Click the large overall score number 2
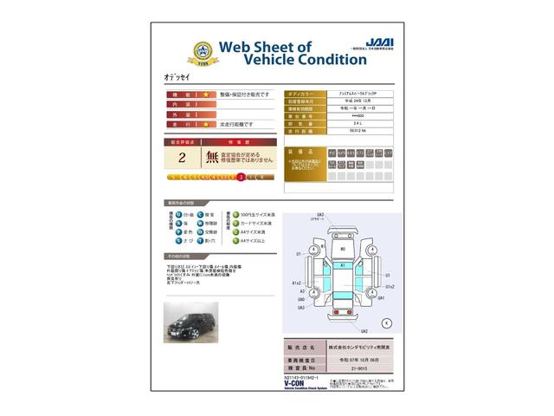(181, 158)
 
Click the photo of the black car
(191, 322)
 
